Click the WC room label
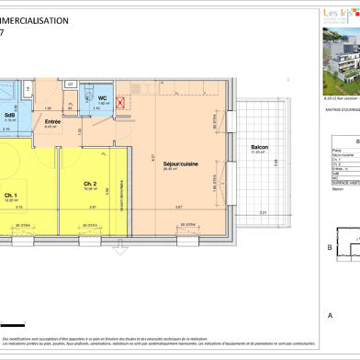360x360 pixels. click(104, 98)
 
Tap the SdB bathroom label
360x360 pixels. click(10, 115)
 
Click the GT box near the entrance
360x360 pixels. click(70, 84)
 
